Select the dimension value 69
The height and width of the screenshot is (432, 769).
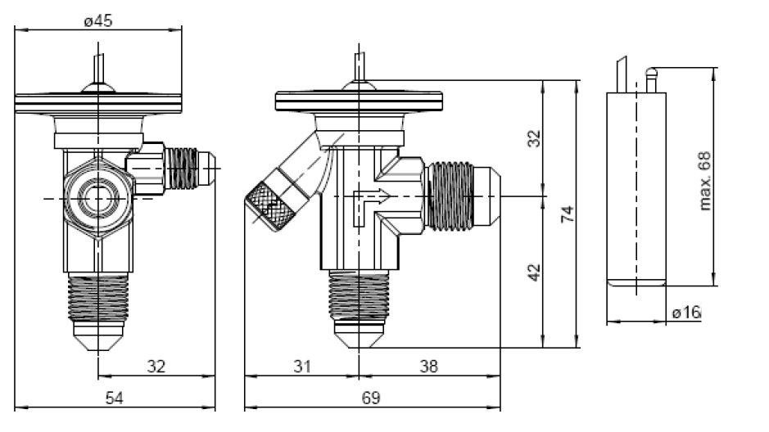tap(371, 398)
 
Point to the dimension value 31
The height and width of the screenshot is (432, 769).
tap(302, 367)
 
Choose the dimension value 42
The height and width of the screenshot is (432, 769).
tap(534, 272)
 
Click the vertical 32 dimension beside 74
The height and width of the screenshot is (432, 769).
tap(534, 138)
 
